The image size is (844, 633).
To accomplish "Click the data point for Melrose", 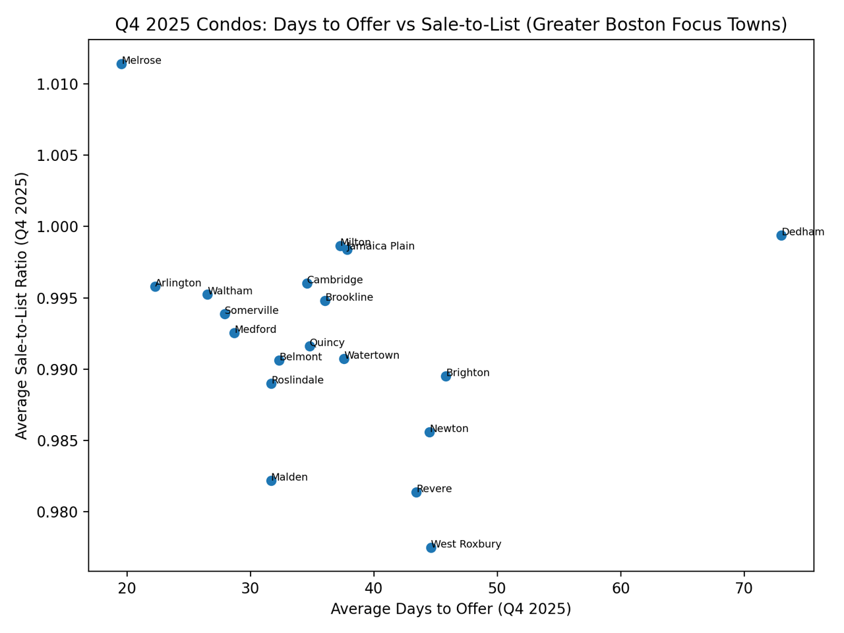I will tap(121, 64).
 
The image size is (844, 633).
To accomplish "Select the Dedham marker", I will tap(781, 235).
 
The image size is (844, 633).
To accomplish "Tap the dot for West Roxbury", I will tap(431, 548).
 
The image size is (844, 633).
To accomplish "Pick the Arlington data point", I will tap(156, 287).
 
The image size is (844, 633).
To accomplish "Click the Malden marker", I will tap(271, 481).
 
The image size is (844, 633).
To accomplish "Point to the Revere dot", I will tap(416, 493).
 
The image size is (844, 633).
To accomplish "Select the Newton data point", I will tap(429, 433).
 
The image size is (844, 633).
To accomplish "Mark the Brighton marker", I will tap(446, 377).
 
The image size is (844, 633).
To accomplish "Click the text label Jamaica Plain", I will tap(380, 247).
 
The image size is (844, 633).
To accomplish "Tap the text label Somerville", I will tap(251, 311).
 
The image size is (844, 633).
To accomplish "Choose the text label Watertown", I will tap(372, 355).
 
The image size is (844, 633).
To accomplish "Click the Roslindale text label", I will tap(297, 380).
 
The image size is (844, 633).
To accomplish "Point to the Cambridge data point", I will tap(307, 284).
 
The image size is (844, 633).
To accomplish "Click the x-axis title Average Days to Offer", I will tap(451, 609).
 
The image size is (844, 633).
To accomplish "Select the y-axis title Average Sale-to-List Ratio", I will tap(22, 305).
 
